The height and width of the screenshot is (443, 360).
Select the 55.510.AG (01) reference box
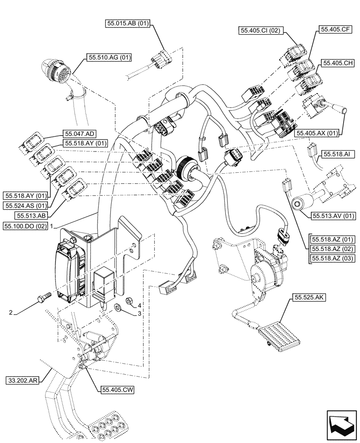pyautogui.click(x=110, y=57)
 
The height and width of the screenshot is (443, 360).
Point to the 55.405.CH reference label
pyautogui.click(x=337, y=63)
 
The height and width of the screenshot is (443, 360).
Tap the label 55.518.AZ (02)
pyautogui.click(x=333, y=249)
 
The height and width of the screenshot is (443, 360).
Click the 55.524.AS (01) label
pyautogui.click(x=25, y=206)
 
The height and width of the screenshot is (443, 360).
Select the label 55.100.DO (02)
pyautogui.click(x=25, y=226)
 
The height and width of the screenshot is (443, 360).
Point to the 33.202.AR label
pyautogui.click(x=25, y=380)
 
